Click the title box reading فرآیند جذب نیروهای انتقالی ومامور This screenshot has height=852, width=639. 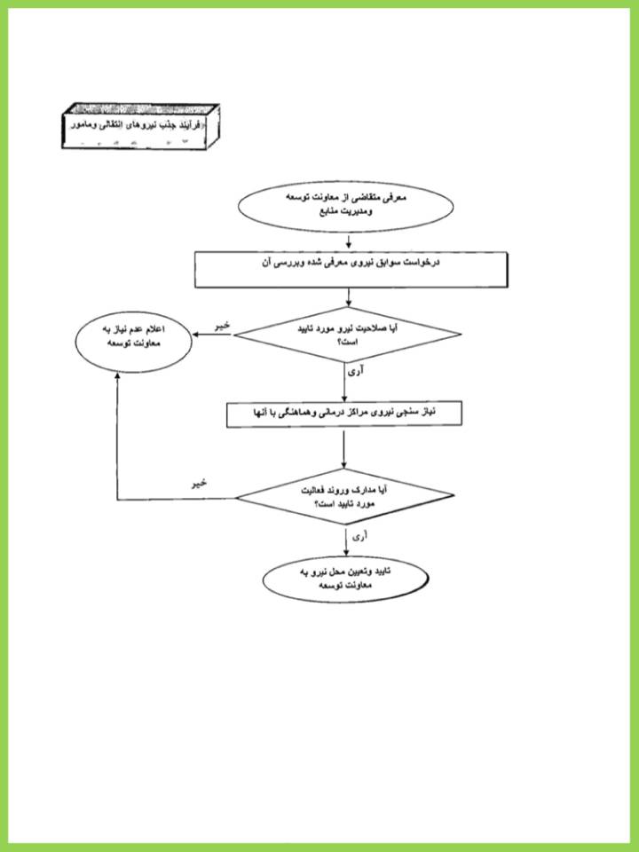point(140,126)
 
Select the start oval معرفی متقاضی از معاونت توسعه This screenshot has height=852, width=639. point(346,207)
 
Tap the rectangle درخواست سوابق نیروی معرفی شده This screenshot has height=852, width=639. point(351,269)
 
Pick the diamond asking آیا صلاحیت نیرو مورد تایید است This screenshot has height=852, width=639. point(348,335)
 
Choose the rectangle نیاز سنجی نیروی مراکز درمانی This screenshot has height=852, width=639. point(344,414)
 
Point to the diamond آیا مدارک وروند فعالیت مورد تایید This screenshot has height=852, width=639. point(344,496)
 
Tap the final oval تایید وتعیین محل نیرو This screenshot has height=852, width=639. point(345,580)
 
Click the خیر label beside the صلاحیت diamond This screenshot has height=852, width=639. point(223,326)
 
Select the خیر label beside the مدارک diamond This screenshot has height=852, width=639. point(199,483)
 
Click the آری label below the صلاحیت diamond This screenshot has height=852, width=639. point(355,373)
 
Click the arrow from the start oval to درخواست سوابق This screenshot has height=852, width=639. point(349,241)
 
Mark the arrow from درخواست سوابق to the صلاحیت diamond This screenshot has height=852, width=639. point(348,297)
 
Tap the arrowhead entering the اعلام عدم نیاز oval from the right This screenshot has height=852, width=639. point(195,335)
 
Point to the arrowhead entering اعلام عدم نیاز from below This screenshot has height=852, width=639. point(117,376)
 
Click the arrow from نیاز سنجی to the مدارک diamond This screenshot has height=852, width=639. point(343,448)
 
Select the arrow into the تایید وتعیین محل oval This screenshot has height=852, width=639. point(346,541)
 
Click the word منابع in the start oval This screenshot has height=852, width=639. point(331,212)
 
